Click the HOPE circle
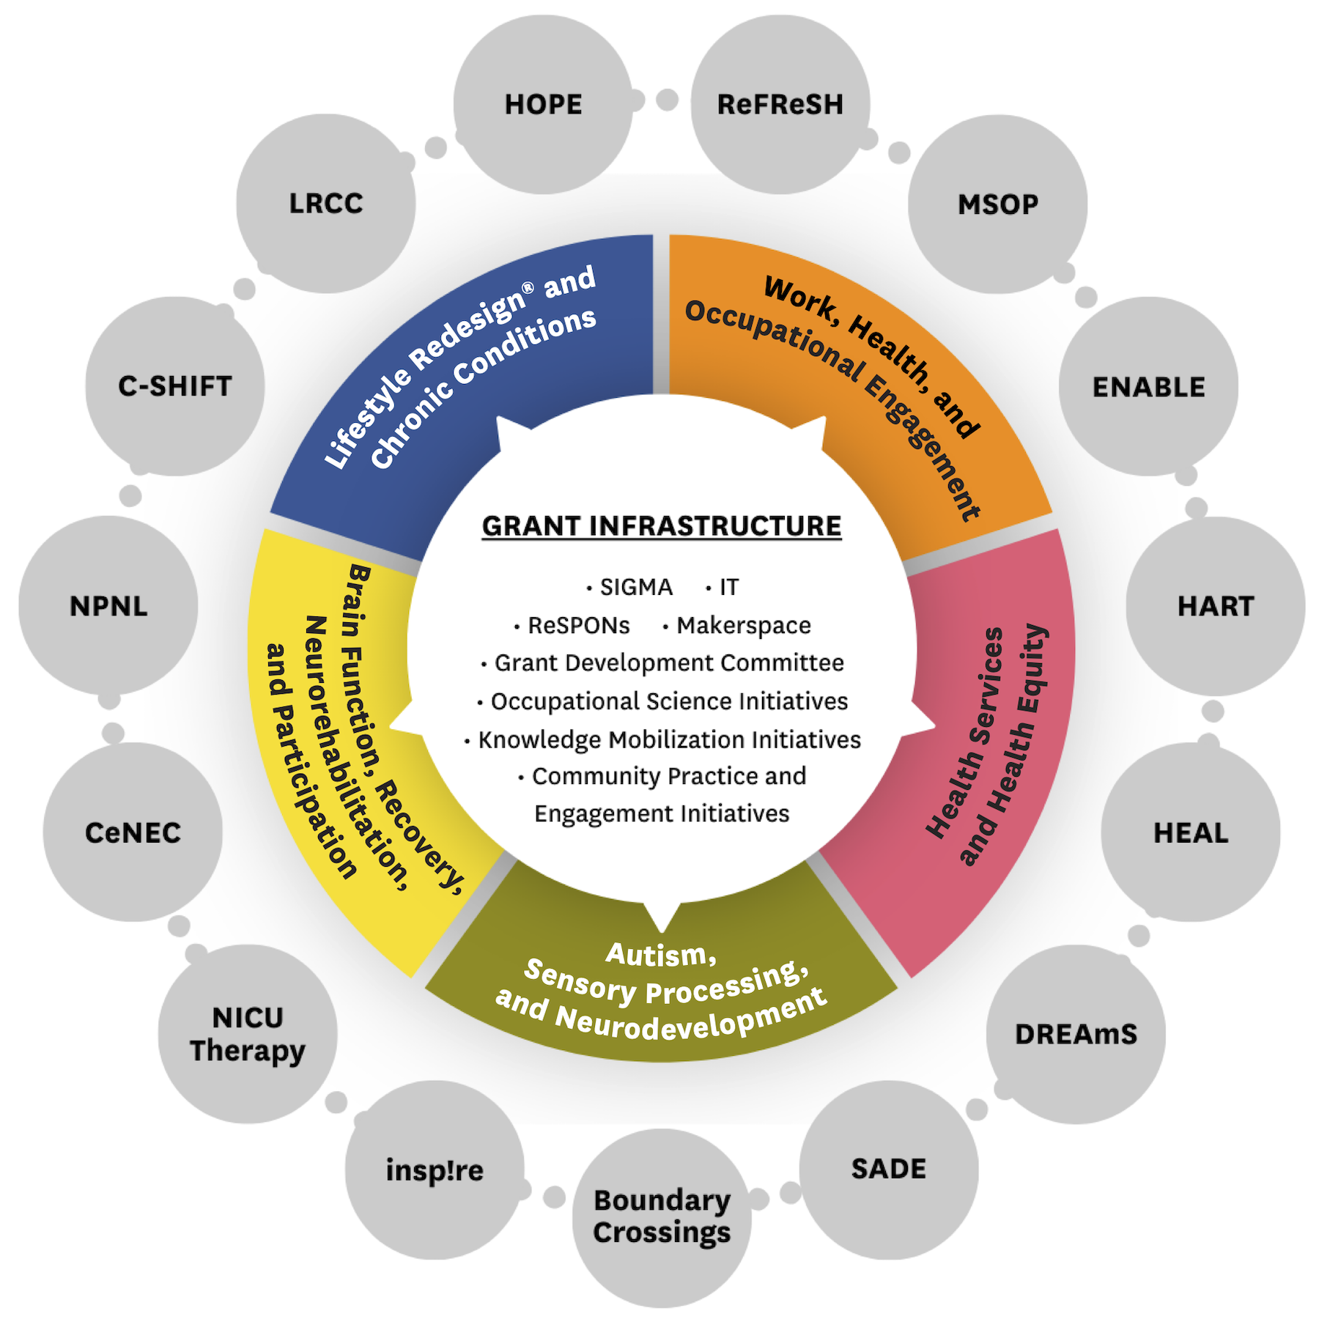[x=543, y=105]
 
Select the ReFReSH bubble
[x=780, y=105]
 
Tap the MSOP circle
[x=997, y=204]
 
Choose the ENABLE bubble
[x=1148, y=387]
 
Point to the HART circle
[x=1215, y=606]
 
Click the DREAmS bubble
[x=1076, y=1034]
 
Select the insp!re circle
[x=435, y=1170]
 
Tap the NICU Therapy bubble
[x=248, y=1034]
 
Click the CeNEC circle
[x=133, y=832]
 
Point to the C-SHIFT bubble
[x=175, y=386]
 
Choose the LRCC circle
[x=326, y=204]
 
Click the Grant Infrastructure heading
[x=662, y=526]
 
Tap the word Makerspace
[x=743, y=625]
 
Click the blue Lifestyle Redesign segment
[x=469, y=366]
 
